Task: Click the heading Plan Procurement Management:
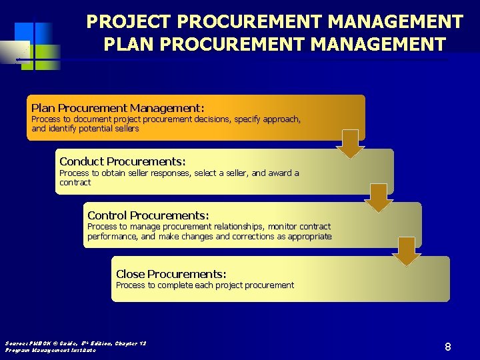pos(117,108)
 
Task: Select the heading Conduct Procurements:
pos(122,161)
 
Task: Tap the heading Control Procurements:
pos(148,215)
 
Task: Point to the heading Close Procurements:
pos(171,274)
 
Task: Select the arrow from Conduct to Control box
pos(379,197)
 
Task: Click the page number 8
pos(448,347)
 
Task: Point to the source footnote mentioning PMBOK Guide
pos(75,343)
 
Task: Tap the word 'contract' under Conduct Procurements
pos(75,183)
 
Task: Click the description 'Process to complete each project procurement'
pos(205,285)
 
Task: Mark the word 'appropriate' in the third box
pos(309,237)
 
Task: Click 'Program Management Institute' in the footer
pos(51,350)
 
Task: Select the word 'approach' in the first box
pos(280,119)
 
